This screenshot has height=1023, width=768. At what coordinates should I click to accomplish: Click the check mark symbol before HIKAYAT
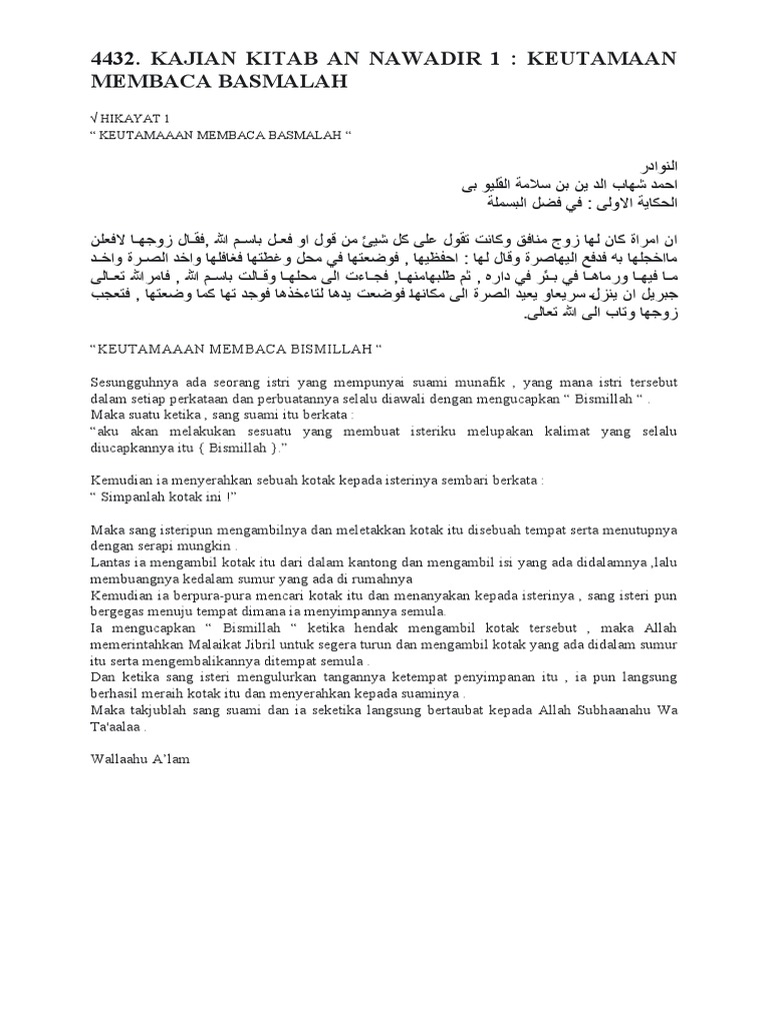[x=95, y=117]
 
